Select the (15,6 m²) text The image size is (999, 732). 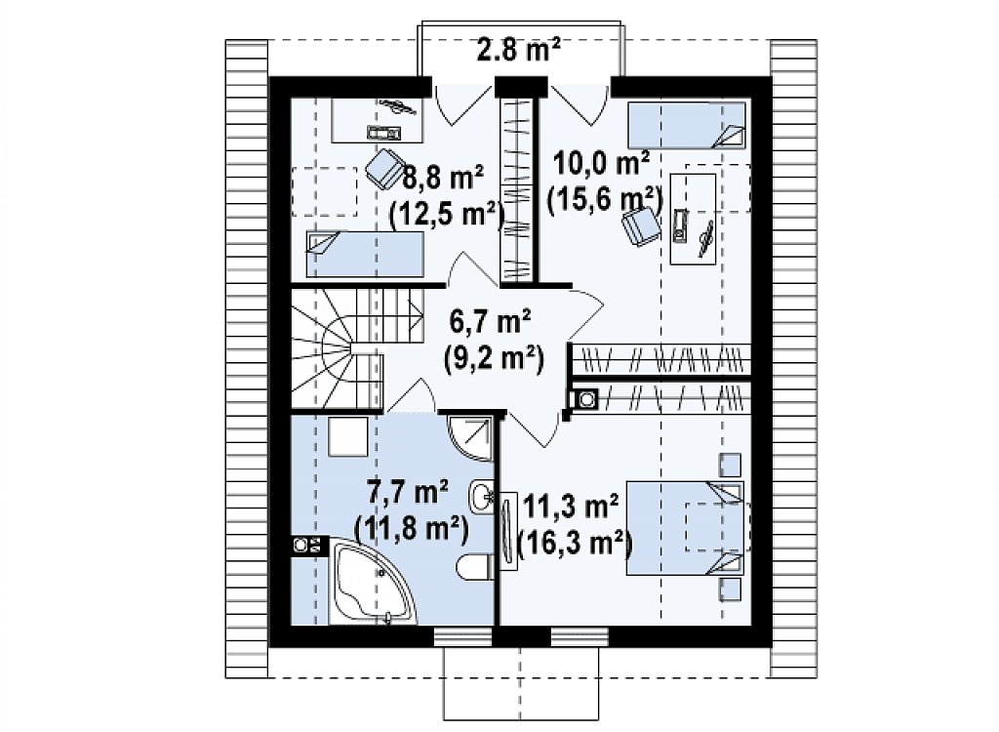click(x=605, y=200)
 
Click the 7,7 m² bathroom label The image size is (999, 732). click(x=408, y=492)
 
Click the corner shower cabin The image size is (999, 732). click(x=470, y=437)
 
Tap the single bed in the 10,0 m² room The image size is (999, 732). click(x=686, y=126)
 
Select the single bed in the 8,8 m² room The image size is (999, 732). click(x=365, y=254)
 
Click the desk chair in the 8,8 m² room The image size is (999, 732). click(x=384, y=168)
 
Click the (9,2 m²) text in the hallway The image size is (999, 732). click(x=494, y=358)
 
